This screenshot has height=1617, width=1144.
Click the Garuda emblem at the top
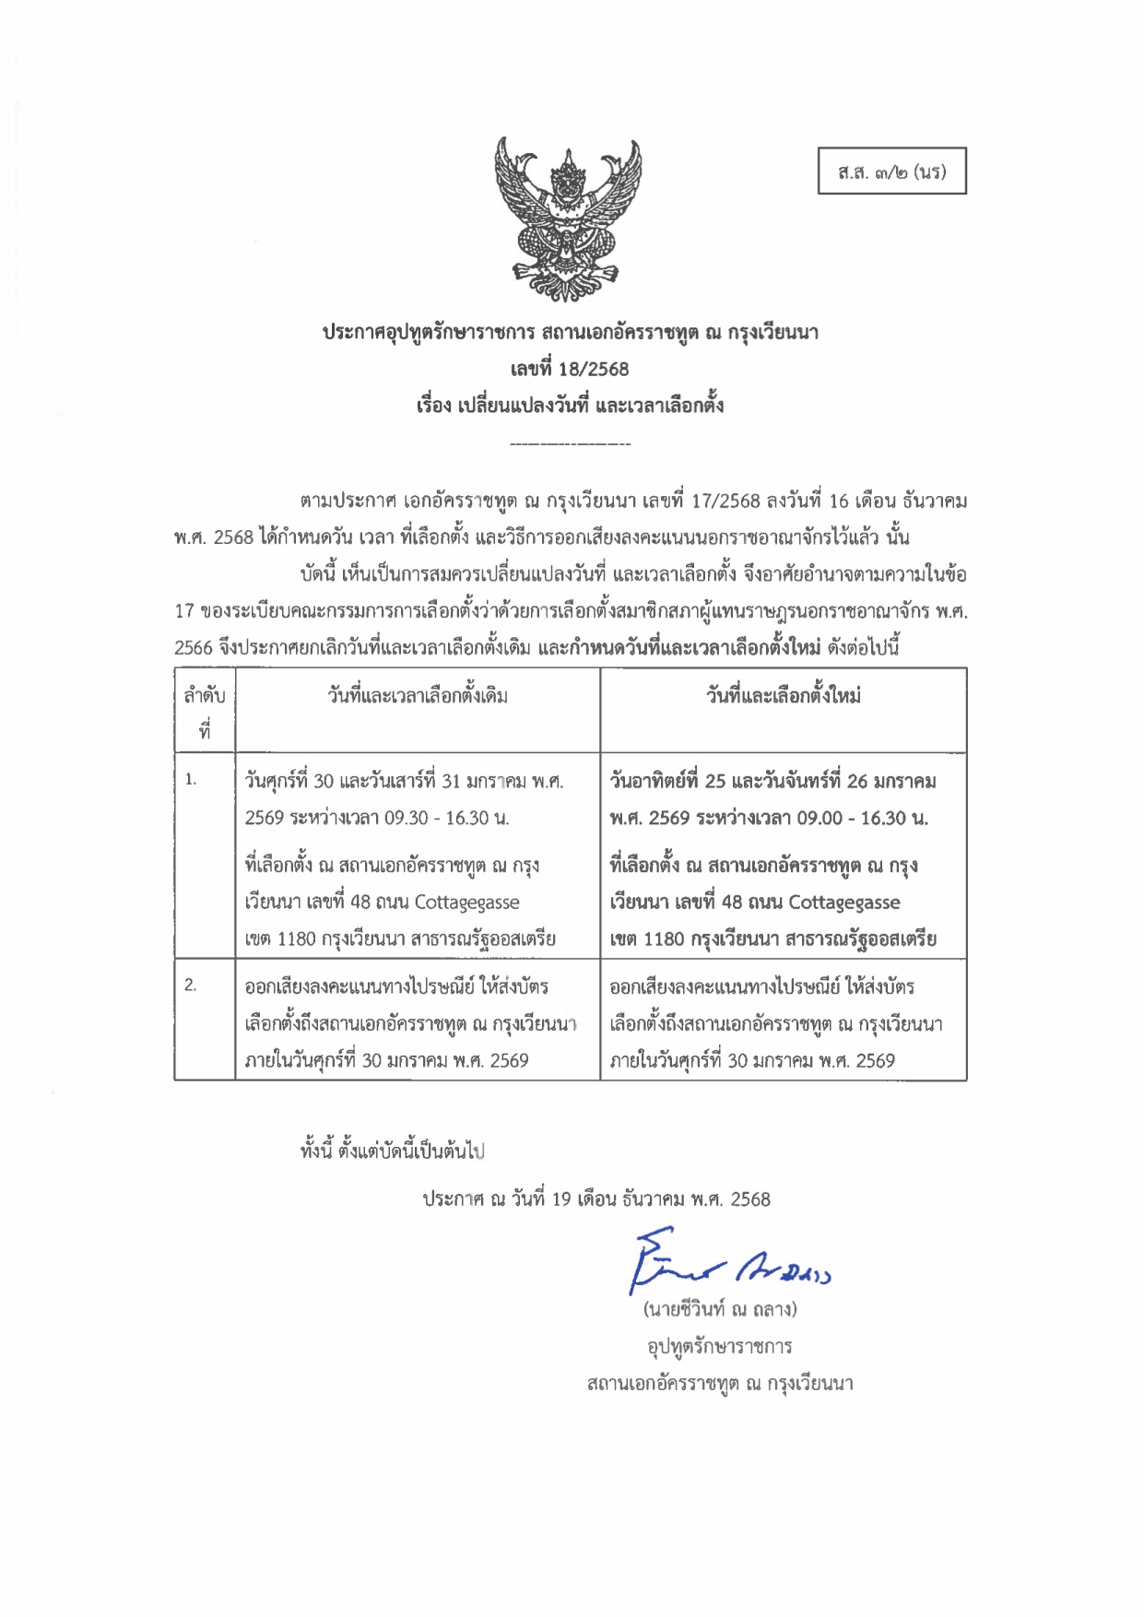tap(568, 219)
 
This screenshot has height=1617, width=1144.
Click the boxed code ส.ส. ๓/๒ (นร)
tap(891, 171)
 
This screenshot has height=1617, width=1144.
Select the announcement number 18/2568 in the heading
tap(594, 370)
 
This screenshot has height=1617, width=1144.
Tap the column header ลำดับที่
tap(205, 711)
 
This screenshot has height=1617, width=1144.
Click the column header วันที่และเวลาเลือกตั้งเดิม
tap(418, 696)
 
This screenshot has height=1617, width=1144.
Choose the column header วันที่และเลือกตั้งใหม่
tap(784, 696)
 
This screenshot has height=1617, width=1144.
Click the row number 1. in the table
tap(191, 780)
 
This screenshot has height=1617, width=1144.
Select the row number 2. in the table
tap(191, 985)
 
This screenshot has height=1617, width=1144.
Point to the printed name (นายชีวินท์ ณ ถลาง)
tap(720, 1309)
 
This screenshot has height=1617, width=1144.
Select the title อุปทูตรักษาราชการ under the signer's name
tap(720, 1347)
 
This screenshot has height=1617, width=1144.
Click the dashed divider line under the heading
tap(570, 445)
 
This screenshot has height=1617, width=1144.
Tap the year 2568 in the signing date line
tap(750, 1199)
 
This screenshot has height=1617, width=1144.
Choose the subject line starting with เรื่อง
tap(570, 406)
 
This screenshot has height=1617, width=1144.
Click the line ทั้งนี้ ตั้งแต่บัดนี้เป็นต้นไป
tap(393, 1151)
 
